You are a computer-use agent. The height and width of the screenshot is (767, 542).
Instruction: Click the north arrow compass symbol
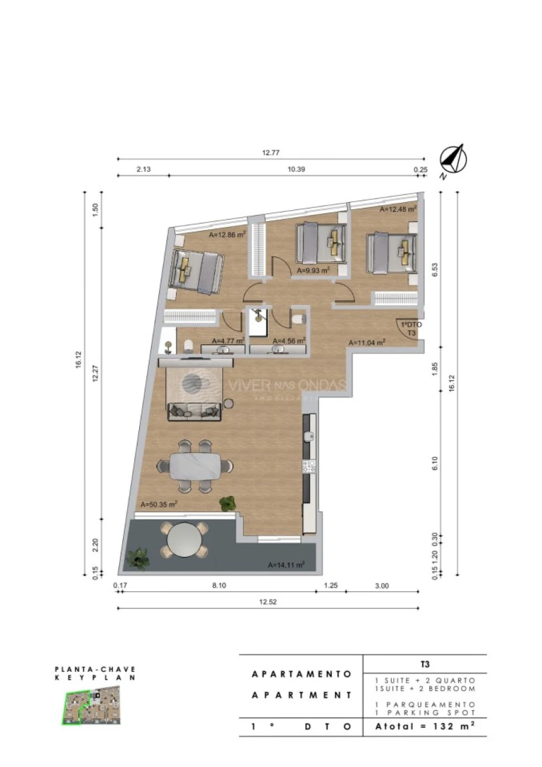point(452,160)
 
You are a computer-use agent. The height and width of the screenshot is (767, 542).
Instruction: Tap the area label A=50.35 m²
point(159,504)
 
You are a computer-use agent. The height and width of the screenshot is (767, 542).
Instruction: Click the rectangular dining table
point(195,466)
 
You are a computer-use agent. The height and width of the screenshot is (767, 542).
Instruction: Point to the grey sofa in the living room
point(194,412)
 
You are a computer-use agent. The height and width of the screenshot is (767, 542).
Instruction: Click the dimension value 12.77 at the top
point(271,153)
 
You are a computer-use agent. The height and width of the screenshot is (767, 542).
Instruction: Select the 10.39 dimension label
point(296,170)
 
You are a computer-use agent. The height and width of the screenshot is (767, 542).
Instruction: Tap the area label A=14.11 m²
point(286,565)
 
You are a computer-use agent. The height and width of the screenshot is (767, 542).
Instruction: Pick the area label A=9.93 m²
point(314,271)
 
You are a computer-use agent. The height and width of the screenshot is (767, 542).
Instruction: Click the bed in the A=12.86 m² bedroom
point(196,272)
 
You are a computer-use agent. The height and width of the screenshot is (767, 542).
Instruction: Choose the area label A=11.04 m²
point(367,342)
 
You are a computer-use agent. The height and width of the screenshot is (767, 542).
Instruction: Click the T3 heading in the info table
point(425,664)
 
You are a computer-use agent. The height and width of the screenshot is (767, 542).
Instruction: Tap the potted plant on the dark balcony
point(139,557)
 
